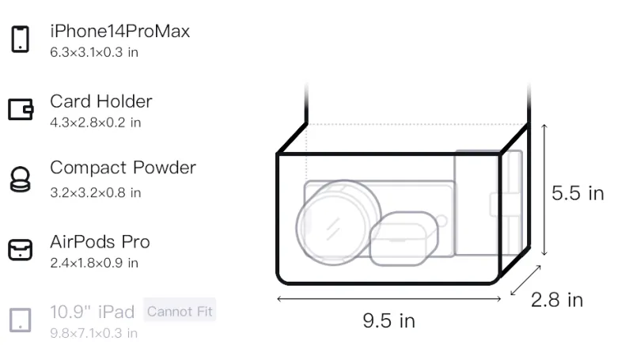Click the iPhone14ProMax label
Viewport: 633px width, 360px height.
(x=120, y=31)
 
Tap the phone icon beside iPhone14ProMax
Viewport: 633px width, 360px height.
(x=21, y=39)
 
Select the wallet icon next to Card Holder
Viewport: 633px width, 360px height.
(x=21, y=109)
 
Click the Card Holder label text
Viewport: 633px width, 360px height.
(x=101, y=101)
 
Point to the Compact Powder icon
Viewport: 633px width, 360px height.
(x=21, y=179)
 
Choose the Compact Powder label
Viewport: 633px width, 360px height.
(x=123, y=168)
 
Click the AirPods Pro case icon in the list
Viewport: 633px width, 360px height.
(x=21, y=250)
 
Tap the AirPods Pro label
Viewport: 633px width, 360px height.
(x=100, y=242)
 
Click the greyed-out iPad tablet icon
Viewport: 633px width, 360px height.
(x=21, y=320)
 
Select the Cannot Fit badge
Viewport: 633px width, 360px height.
(x=180, y=311)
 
